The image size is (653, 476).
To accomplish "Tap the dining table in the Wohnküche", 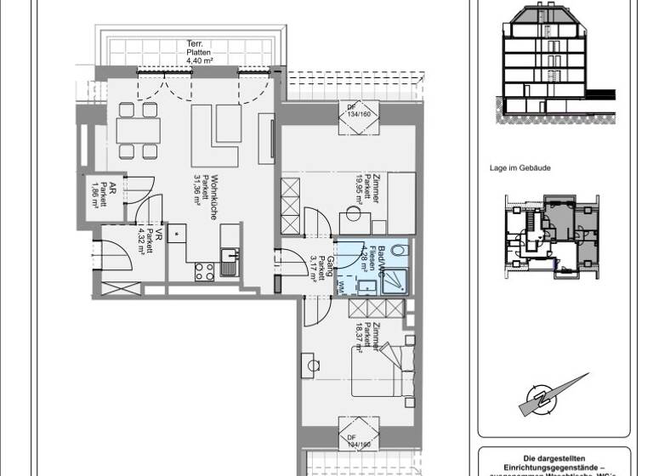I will click(x=138, y=131).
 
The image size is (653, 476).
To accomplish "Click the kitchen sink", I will click(x=230, y=257).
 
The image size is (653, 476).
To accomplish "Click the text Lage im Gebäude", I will click(x=520, y=168).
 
